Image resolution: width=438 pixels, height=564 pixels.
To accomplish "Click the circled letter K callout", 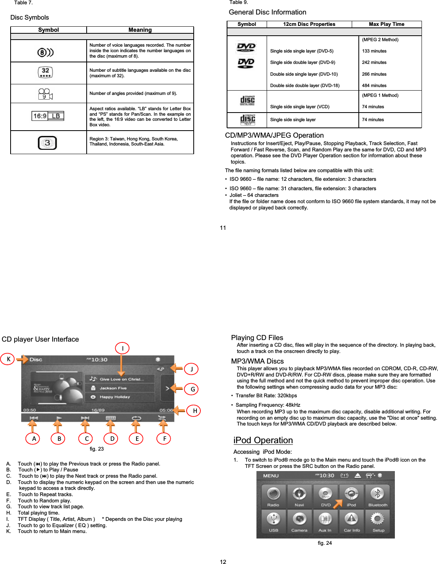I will [x=8, y=359].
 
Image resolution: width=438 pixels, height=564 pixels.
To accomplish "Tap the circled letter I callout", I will [x=122, y=348].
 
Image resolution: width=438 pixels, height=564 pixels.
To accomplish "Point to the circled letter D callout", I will [x=112, y=438].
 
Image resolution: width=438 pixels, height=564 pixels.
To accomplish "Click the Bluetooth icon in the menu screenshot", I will [x=377, y=496].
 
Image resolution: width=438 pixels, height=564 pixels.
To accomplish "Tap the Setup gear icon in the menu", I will [x=378, y=521].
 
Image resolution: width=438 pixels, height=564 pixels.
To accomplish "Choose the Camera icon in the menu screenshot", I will [x=299, y=521].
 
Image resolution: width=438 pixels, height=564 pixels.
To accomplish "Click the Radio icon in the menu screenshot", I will [x=273, y=496].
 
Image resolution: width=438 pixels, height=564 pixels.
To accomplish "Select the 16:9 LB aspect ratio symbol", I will [x=48, y=116].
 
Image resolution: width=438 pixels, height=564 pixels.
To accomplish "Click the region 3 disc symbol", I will [x=47, y=143].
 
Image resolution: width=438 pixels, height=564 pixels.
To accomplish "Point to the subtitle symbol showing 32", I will [x=45, y=73].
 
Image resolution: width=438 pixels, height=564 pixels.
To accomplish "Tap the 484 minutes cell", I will [x=374, y=86].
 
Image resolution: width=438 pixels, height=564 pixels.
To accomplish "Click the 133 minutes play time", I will [x=374, y=51].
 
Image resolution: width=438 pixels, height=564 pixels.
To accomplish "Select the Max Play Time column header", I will [x=386, y=24].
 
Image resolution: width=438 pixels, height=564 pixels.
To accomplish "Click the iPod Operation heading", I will [x=263, y=440].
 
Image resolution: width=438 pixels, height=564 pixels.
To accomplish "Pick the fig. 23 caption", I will [x=97, y=449].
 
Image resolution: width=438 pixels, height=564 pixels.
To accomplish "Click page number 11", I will [x=223, y=228].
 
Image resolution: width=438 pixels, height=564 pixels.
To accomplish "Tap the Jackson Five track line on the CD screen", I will [x=113, y=388].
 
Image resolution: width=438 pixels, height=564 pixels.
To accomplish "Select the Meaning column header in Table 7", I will [x=140, y=30].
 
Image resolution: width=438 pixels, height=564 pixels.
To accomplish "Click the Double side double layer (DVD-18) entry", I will [x=305, y=86].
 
